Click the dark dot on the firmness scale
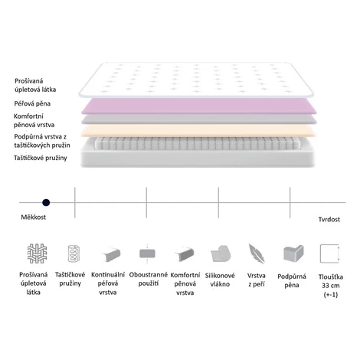point(46,203)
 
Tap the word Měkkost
point(34,218)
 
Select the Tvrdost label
point(329,219)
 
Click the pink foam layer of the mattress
point(199,106)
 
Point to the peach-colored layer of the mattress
point(198,131)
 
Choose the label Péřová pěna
point(32,103)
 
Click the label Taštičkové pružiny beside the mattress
point(41,158)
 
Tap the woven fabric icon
point(37,254)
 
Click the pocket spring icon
point(74,254)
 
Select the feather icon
point(257,254)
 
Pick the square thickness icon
point(329,254)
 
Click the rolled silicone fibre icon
point(221,254)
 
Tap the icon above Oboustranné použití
point(147,254)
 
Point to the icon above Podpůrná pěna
point(293,254)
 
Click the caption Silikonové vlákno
point(220,280)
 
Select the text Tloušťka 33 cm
point(331,281)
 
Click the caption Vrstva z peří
point(257,280)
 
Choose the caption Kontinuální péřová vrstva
point(108,283)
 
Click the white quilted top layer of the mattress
point(196,80)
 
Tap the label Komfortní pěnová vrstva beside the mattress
point(34,120)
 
